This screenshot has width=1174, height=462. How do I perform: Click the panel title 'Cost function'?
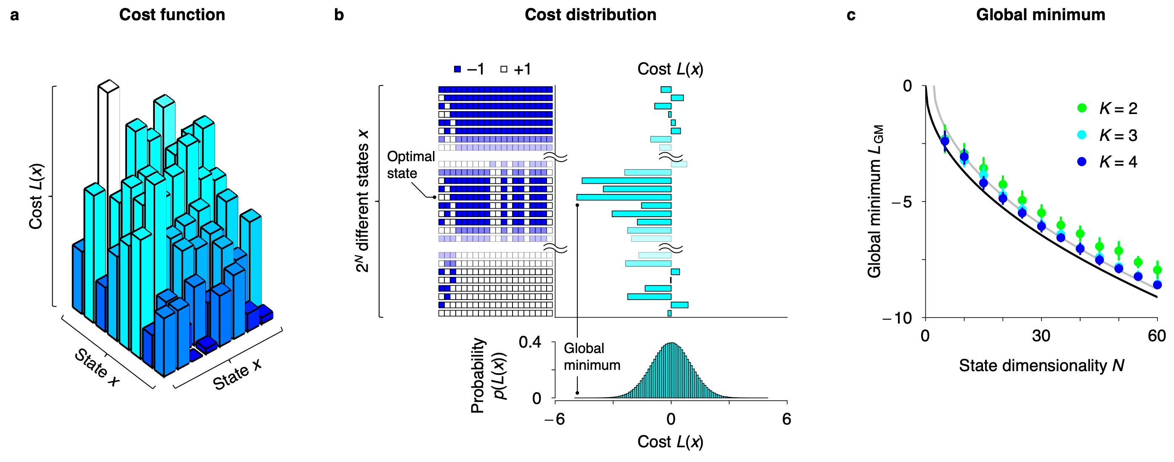pos(172,15)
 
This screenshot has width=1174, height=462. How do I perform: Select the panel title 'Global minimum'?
pos(1040,15)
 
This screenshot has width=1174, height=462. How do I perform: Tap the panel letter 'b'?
pos(339,15)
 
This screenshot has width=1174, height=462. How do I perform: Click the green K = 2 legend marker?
pos(1081,108)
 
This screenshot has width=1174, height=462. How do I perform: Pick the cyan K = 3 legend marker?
pos(1081,135)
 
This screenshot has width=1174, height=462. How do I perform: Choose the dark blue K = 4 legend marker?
pos(1081,162)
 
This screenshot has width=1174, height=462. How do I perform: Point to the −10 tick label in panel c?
pos(897,318)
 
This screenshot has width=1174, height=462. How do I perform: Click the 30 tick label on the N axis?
pos(1041,336)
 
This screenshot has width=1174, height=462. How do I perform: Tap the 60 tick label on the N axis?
pos(1157,336)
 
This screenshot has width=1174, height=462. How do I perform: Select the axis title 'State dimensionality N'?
pos(1041,365)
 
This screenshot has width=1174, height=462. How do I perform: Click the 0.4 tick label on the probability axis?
pos(530,342)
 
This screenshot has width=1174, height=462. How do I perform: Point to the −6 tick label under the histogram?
pos(554,419)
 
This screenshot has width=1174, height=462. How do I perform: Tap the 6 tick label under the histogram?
pos(786,419)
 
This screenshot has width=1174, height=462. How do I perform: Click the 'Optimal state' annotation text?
pos(410,165)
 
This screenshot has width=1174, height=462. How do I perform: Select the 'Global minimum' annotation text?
pos(592,357)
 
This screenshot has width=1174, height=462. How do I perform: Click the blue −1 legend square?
pos(457,69)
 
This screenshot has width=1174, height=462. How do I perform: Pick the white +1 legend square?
pos(504,69)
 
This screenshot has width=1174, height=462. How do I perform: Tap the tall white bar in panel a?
pos(109,137)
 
